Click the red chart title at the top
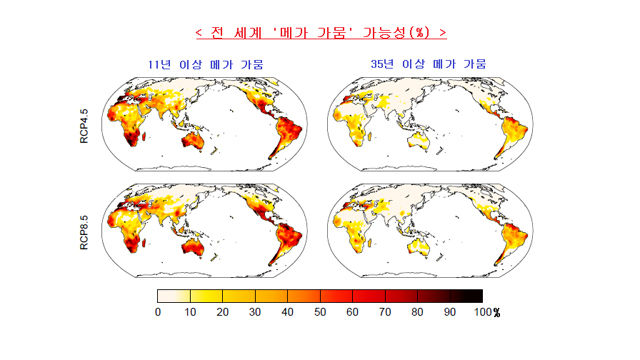point(321,33)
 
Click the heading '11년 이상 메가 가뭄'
point(206,64)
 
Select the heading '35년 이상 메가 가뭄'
point(429,64)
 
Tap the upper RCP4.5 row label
point(84,126)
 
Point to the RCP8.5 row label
point(84,232)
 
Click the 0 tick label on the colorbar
point(158,312)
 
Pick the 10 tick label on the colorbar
point(190,312)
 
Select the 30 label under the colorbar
point(255,312)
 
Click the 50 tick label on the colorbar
point(320,312)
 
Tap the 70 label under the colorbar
point(385,312)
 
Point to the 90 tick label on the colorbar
point(450,312)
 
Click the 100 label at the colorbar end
point(483,312)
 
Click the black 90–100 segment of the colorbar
point(466,296)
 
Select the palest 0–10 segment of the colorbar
point(174,296)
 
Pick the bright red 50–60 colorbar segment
point(336,296)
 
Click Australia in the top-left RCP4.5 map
point(193,141)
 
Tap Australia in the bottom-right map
point(418,247)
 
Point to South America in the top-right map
point(510,134)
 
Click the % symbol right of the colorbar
point(496,313)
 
